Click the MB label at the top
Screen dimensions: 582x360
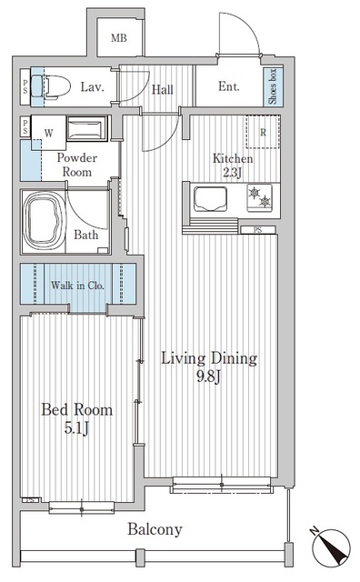coord(120,38)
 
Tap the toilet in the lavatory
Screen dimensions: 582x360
coord(53,86)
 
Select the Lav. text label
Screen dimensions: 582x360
coord(91,87)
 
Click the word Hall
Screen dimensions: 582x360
coord(163,88)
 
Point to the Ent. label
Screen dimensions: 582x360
coord(229,87)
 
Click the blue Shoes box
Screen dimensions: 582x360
coord(272,86)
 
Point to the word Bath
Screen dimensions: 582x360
coord(86,235)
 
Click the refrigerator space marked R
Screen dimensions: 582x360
coord(263,131)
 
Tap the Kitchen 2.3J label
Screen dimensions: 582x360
coord(233,165)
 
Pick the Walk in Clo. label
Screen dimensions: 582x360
coord(77,285)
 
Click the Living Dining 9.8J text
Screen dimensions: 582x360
coord(208,366)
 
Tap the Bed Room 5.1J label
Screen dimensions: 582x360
coord(76,417)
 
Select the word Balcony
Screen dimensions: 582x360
coord(155,529)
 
